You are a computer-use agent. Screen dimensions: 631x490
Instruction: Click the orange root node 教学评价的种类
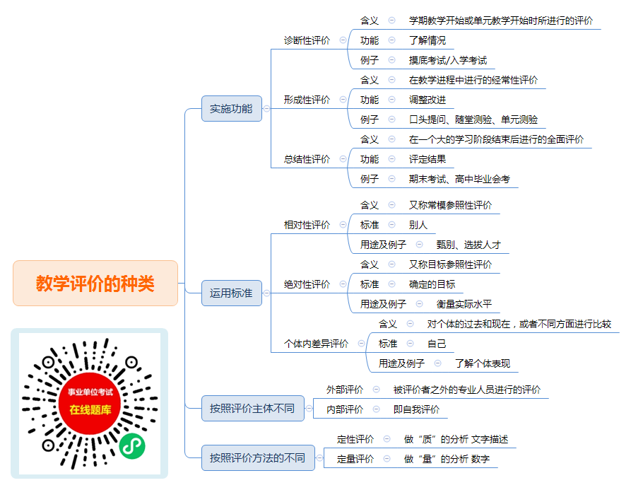(x=95, y=283)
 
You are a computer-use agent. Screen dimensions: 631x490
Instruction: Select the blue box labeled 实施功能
(x=231, y=108)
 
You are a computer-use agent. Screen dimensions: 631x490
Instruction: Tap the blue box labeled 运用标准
(x=231, y=293)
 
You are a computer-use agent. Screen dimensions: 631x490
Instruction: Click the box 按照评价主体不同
(x=252, y=408)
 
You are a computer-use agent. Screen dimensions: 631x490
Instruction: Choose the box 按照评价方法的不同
(x=257, y=457)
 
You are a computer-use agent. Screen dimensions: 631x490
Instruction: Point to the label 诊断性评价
(x=307, y=40)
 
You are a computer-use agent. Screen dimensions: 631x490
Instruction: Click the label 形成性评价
(x=307, y=100)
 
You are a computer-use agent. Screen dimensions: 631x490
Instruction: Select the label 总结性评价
(x=307, y=159)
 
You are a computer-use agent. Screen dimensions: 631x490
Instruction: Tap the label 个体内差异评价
(x=316, y=344)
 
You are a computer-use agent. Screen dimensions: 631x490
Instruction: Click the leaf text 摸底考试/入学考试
(x=448, y=60)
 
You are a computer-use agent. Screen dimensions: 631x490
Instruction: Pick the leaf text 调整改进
(x=427, y=100)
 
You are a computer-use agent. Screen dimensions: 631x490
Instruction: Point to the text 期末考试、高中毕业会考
(x=459, y=179)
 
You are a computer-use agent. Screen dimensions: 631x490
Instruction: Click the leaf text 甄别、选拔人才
(x=468, y=245)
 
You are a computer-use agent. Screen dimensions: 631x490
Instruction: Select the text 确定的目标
(x=432, y=284)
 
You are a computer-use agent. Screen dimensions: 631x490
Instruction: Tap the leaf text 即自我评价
(x=416, y=409)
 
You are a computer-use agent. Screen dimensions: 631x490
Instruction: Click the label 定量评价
(x=355, y=459)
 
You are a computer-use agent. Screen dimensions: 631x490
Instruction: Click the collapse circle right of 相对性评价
(x=343, y=225)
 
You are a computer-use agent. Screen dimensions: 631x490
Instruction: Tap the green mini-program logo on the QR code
(x=132, y=446)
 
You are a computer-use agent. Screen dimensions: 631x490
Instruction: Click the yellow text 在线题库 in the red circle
(x=90, y=410)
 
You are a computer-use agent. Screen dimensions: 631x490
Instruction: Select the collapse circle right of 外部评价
(x=376, y=390)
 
